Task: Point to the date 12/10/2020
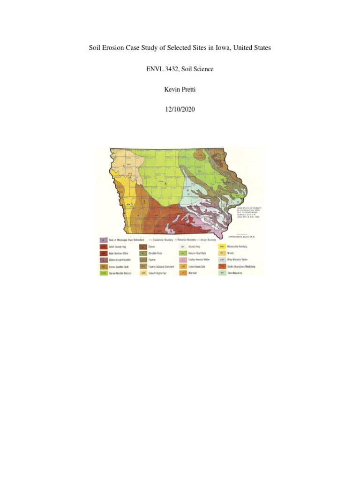pyautogui.click(x=180, y=110)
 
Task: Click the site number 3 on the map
pyautogui.click(x=123, y=167)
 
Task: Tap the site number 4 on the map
pyautogui.click(x=187, y=191)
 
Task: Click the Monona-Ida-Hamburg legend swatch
pyautogui.click(x=222, y=246)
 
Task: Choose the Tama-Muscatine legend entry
pyautogui.click(x=235, y=273)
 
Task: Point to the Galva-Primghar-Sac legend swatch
pyautogui.click(x=143, y=273)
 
